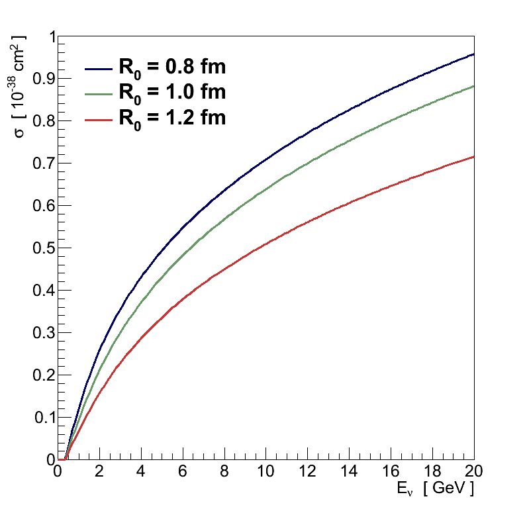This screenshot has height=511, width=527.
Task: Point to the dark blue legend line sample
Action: point(99,68)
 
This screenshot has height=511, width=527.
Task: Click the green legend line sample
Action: point(99,93)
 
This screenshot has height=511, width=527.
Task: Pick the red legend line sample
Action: point(99,119)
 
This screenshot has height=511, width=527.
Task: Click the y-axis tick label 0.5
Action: point(41,248)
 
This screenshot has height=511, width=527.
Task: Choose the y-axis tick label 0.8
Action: point(41,121)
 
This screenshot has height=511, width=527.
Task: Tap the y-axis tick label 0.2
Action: point(41,375)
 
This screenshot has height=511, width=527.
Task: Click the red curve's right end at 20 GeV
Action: point(473,157)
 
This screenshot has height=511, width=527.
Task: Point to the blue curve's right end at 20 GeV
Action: point(473,54)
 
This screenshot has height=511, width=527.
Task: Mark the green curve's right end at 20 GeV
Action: point(473,87)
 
